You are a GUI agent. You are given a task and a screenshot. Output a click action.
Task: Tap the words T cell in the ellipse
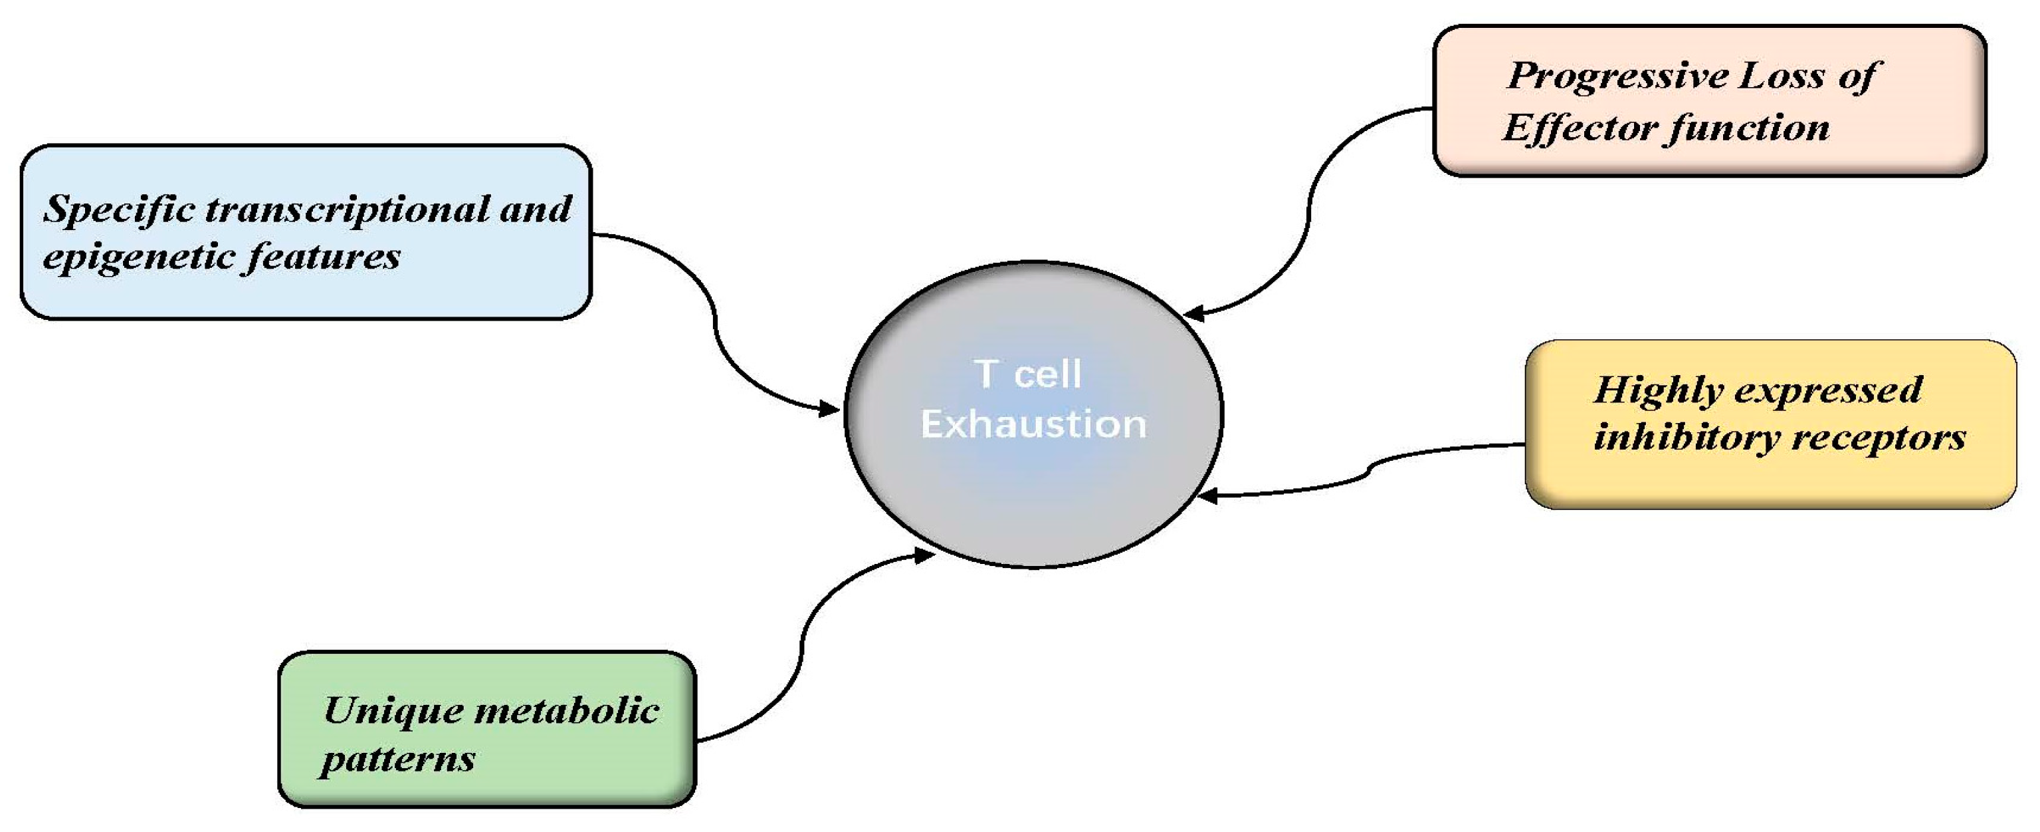[x=1027, y=374]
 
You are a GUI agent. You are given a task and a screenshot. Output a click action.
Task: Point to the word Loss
[x=1779, y=76]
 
